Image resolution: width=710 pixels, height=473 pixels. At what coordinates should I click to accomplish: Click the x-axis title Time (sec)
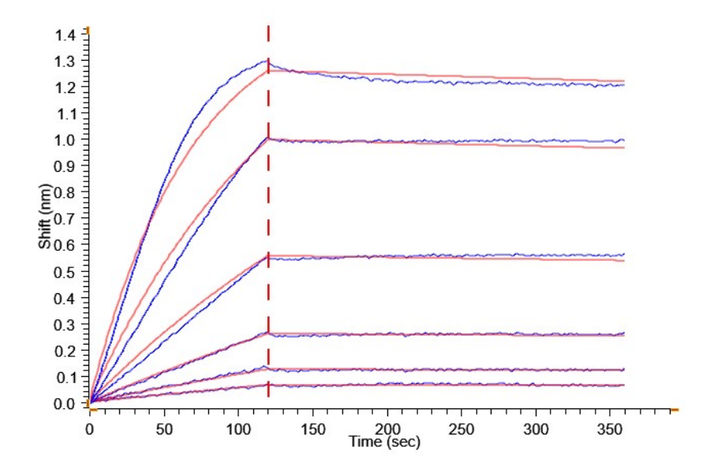(x=385, y=441)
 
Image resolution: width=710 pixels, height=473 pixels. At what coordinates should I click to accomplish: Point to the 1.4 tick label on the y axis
(x=66, y=34)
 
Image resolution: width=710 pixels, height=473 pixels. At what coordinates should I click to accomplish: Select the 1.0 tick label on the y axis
(x=66, y=140)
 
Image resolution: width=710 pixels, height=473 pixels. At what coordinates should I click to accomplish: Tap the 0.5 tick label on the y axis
(x=66, y=272)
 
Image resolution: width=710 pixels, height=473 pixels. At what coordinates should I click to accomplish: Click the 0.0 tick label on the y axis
(x=66, y=404)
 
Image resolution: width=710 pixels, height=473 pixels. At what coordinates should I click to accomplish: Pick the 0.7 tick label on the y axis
(x=66, y=219)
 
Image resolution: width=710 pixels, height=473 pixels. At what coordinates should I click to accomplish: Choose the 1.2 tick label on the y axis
(x=66, y=87)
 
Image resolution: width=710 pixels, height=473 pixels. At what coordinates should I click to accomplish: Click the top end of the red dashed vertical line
(x=268, y=26)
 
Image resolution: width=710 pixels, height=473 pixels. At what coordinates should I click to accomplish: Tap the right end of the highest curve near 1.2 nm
(x=624, y=83)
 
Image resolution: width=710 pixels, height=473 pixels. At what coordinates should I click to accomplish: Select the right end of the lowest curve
(x=624, y=385)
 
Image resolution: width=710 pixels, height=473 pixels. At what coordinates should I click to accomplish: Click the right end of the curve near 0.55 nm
(x=624, y=257)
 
